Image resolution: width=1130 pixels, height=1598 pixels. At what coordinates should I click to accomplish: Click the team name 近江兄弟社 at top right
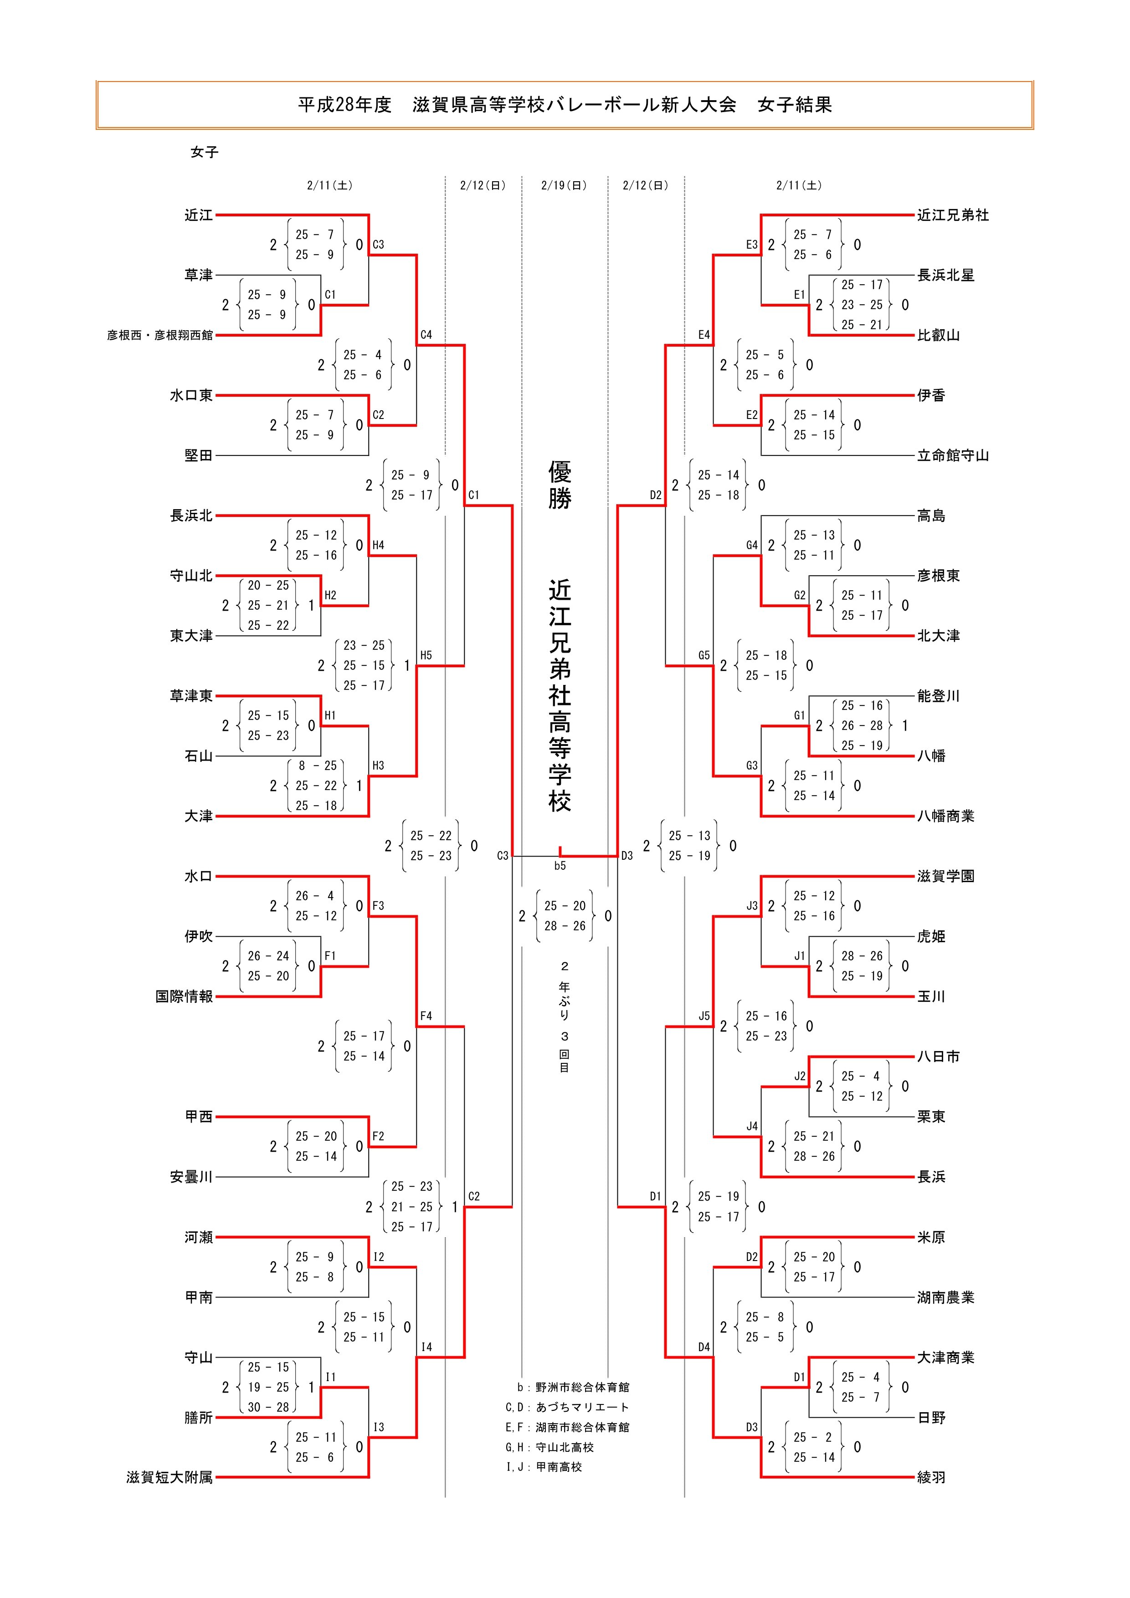(x=952, y=215)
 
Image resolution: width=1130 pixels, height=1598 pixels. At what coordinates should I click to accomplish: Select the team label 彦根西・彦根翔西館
(x=160, y=336)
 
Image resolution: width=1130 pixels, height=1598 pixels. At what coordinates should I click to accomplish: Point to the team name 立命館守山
(x=952, y=456)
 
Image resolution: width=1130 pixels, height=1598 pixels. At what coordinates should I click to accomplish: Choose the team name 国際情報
(x=184, y=997)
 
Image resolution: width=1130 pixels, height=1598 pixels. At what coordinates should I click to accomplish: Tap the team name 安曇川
(x=191, y=1177)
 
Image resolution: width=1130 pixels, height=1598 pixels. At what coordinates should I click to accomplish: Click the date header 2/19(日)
(x=564, y=186)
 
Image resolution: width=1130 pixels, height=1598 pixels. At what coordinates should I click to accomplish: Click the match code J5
(x=704, y=1016)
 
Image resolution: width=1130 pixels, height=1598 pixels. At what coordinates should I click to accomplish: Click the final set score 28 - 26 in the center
(x=565, y=926)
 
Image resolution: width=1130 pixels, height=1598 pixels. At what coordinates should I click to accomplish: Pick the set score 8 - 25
(x=317, y=766)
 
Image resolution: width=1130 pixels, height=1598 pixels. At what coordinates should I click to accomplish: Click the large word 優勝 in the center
(x=560, y=485)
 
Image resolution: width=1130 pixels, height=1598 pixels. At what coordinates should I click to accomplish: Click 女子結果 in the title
(x=794, y=105)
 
